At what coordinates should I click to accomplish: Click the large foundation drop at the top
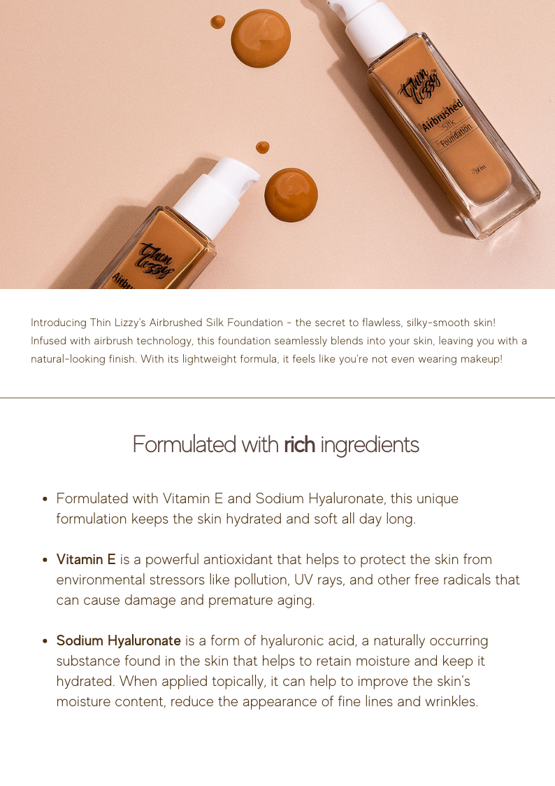261,38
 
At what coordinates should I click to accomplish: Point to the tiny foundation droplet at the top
217,22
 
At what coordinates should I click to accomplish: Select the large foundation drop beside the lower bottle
291,195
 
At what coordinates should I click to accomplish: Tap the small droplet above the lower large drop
262,148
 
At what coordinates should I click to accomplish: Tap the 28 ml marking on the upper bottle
480,170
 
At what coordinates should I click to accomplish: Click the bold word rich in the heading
299,444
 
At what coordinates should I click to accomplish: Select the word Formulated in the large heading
184,444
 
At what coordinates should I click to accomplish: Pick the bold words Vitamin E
85,559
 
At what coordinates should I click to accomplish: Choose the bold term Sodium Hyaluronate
118,640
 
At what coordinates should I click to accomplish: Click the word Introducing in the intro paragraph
58,323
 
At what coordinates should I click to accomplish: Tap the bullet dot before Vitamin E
45,560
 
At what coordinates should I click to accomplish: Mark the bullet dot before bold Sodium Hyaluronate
45,641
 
